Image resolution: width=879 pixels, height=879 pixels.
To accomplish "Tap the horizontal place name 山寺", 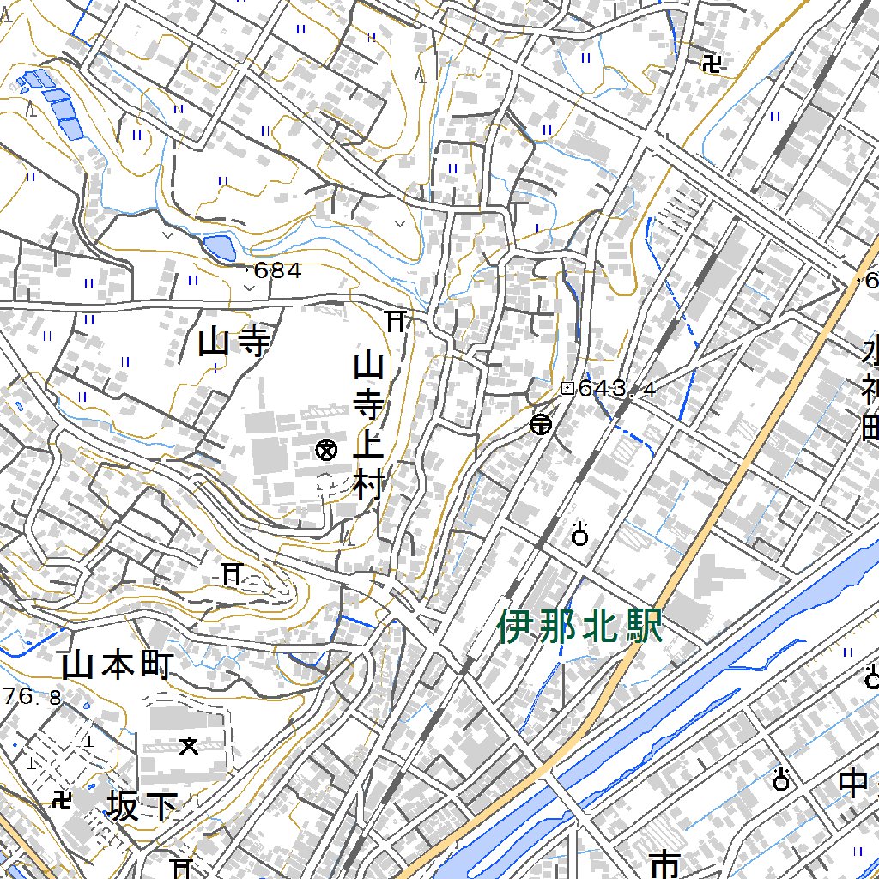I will click(x=233, y=343).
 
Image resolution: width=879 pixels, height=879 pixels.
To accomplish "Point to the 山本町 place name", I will click(x=118, y=664).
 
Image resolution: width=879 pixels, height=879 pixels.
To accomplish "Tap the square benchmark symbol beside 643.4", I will click(x=567, y=388).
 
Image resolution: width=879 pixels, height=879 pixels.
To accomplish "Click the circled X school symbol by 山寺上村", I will click(x=325, y=449).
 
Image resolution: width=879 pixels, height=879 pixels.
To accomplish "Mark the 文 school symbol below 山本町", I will click(x=189, y=746).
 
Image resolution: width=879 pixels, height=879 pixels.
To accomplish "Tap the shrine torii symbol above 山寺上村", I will click(x=396, y=321).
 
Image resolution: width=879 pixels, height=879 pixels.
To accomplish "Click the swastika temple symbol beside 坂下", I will click(x=62, y=800).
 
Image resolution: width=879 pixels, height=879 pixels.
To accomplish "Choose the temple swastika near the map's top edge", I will click(x=712, y=64).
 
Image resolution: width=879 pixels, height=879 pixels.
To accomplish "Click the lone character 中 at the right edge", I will click(x=853, y=783).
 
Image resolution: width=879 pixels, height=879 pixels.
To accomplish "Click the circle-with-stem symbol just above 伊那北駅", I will click(x=580, y=534).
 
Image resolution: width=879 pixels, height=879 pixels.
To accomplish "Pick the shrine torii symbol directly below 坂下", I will click(x=181, y=867).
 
